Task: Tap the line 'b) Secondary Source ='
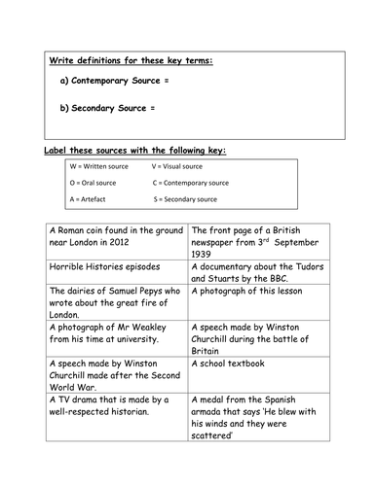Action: [107, 107]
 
